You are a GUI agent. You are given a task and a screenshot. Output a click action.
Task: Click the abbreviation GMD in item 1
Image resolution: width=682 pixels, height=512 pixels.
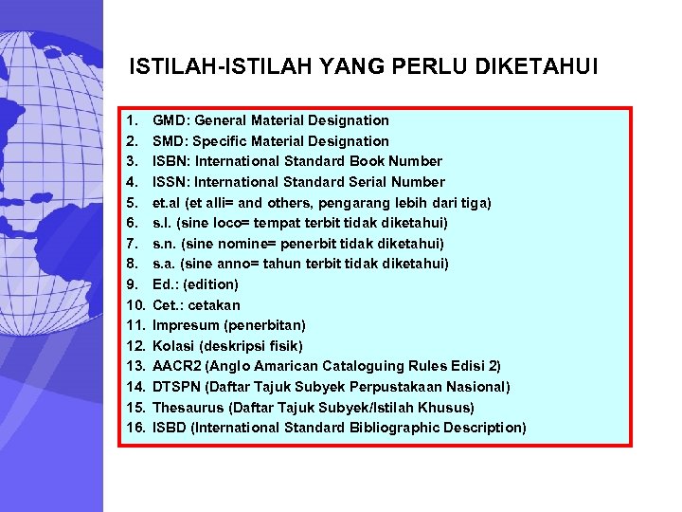pos(170,120)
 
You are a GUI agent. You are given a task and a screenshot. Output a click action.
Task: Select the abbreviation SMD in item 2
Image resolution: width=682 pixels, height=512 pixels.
pos(170,141)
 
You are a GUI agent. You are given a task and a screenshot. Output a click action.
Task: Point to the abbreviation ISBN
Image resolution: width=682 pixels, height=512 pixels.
pos(170,161)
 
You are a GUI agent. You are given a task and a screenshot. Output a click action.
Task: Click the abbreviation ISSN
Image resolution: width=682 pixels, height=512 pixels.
pos(170,182)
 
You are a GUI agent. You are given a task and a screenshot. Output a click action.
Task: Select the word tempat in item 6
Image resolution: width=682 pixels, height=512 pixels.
pos(271,223)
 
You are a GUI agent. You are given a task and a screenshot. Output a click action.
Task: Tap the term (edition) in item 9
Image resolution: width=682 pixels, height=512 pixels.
pos(211,284)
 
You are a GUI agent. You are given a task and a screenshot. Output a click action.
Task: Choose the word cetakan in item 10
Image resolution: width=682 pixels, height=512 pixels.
pos(214,305)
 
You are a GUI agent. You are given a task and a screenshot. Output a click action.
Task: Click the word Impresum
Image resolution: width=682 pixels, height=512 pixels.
pos(186,325)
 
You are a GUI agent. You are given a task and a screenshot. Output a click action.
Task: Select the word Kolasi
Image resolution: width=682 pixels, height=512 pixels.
pos(173,346)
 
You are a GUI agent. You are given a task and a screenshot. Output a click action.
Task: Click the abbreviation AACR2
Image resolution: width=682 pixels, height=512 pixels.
pos(176,366)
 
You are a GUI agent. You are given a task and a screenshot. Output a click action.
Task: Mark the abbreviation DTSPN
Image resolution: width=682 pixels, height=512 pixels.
pos(177,387)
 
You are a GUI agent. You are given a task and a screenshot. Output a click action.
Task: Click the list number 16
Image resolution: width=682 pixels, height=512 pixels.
pos(135,428)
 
